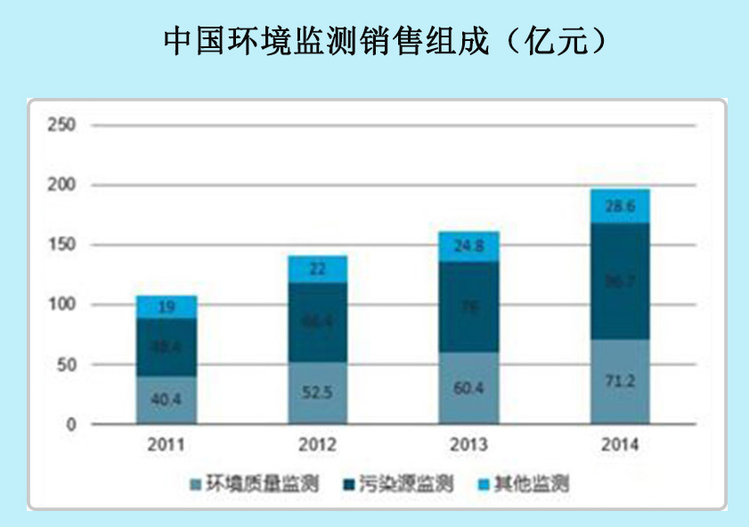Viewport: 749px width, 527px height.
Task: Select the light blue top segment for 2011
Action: tap(167, 307)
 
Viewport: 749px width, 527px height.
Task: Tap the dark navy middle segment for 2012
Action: tap(317, 322)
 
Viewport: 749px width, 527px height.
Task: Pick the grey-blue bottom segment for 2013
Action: tap(468, 388)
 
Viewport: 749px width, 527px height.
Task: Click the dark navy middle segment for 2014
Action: tap(620, 281)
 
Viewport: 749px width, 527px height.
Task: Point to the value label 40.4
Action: tap(167, 401)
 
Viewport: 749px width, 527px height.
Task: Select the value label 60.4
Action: tap(468, 389)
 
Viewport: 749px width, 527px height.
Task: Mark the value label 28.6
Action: tap(620, 206)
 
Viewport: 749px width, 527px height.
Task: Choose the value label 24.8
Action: tap(468, 247)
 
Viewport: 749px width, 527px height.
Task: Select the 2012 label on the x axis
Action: tap(317, 443)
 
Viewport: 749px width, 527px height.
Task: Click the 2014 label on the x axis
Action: tap(620, 443)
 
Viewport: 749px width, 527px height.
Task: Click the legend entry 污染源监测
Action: tap(400, 484)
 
